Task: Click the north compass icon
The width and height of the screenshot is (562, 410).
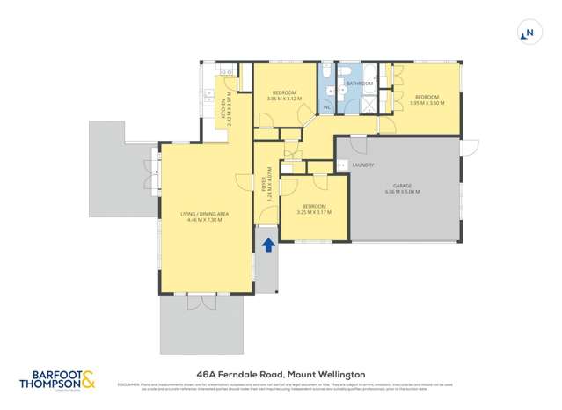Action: coord(528,33)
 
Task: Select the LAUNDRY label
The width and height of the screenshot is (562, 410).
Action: coord(362,165)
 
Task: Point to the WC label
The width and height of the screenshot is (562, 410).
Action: coord(326,107)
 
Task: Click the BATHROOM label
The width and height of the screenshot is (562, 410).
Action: coord(359,84)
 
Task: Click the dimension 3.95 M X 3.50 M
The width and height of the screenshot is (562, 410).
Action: coord(427,103)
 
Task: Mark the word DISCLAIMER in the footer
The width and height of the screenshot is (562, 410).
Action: coord(130,384)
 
